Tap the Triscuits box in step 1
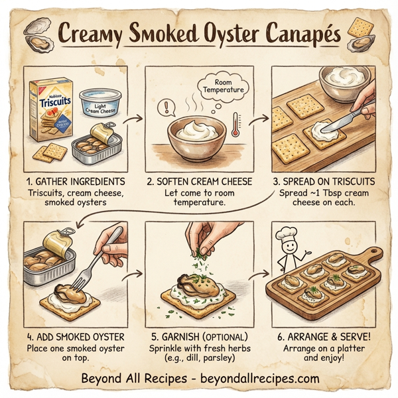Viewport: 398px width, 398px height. (50, 113)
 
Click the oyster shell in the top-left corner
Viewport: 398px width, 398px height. (36, 29)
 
